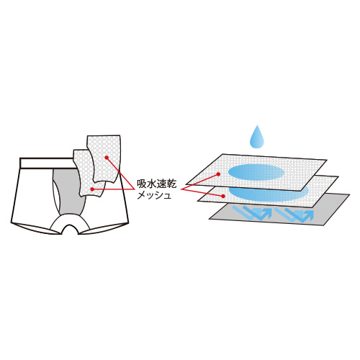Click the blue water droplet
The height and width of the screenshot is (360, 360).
pyautogui.click(x=257, y=138)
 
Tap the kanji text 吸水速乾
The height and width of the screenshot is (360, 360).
pyautogui.click(x=157, y=184)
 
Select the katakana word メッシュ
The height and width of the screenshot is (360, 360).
pyautogui.click(x=154, y=195)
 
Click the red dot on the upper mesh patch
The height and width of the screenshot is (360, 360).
pyautogui.click(x=107, y=158)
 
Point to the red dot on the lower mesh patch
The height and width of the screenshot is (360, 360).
pyautogui.click(x=92, y=189)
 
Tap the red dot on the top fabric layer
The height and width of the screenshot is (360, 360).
pyautogui.click(x=218, y=174)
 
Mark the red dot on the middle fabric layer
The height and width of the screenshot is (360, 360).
pyautogui.click(x=223, y=196)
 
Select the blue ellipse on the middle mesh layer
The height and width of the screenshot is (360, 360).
pyautogui.click(x=269, y=193)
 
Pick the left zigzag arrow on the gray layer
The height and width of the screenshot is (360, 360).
pyautogui.click(x=252, y=212)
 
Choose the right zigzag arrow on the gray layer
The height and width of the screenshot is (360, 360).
pyautogui.click(x=294, y=215)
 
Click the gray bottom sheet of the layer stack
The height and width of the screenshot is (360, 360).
pyautogui.click(x=279, y=210)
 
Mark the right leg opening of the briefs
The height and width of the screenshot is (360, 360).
pyautogui.click(x=103, y=228)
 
